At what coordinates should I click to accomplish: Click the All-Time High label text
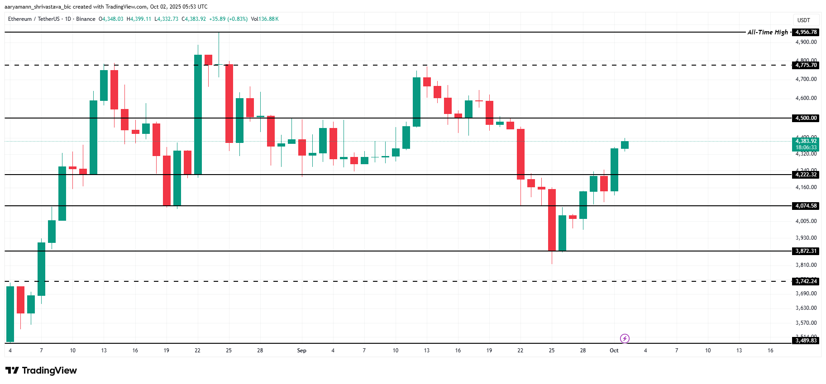(x=768, y=32)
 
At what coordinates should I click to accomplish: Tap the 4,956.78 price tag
(x=806, y=32)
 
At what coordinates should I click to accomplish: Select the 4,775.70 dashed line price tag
(x=806, y=65)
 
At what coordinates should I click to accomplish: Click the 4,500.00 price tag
(x=806, y=118)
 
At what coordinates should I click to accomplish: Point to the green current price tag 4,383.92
(x=806, y=141)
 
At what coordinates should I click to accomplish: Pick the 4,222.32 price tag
(x=806, y=175)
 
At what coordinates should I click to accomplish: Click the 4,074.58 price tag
(x=806, y=206)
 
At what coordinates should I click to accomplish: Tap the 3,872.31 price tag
(x=806, y=251)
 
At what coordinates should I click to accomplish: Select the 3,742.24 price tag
(x=806, y=281)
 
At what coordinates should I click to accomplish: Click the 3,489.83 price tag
(x=806, y=341)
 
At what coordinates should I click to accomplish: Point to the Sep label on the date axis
(x=302, y=351)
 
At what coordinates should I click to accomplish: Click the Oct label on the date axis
(x=614, y=351)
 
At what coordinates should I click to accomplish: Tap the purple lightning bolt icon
(x=625, y=338)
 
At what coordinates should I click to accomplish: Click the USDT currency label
(x=804, y=20)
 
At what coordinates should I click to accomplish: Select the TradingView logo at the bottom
(x=42, y=370)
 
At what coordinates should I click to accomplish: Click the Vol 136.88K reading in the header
(x=265, y=19)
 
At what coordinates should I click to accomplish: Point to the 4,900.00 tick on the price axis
(x=806, y=42)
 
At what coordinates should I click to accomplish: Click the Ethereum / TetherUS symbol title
(x=34, y=19)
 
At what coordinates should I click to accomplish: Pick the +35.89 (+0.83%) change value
(x=228, y=19)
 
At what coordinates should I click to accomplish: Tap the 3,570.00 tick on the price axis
(x=806, y=323)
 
